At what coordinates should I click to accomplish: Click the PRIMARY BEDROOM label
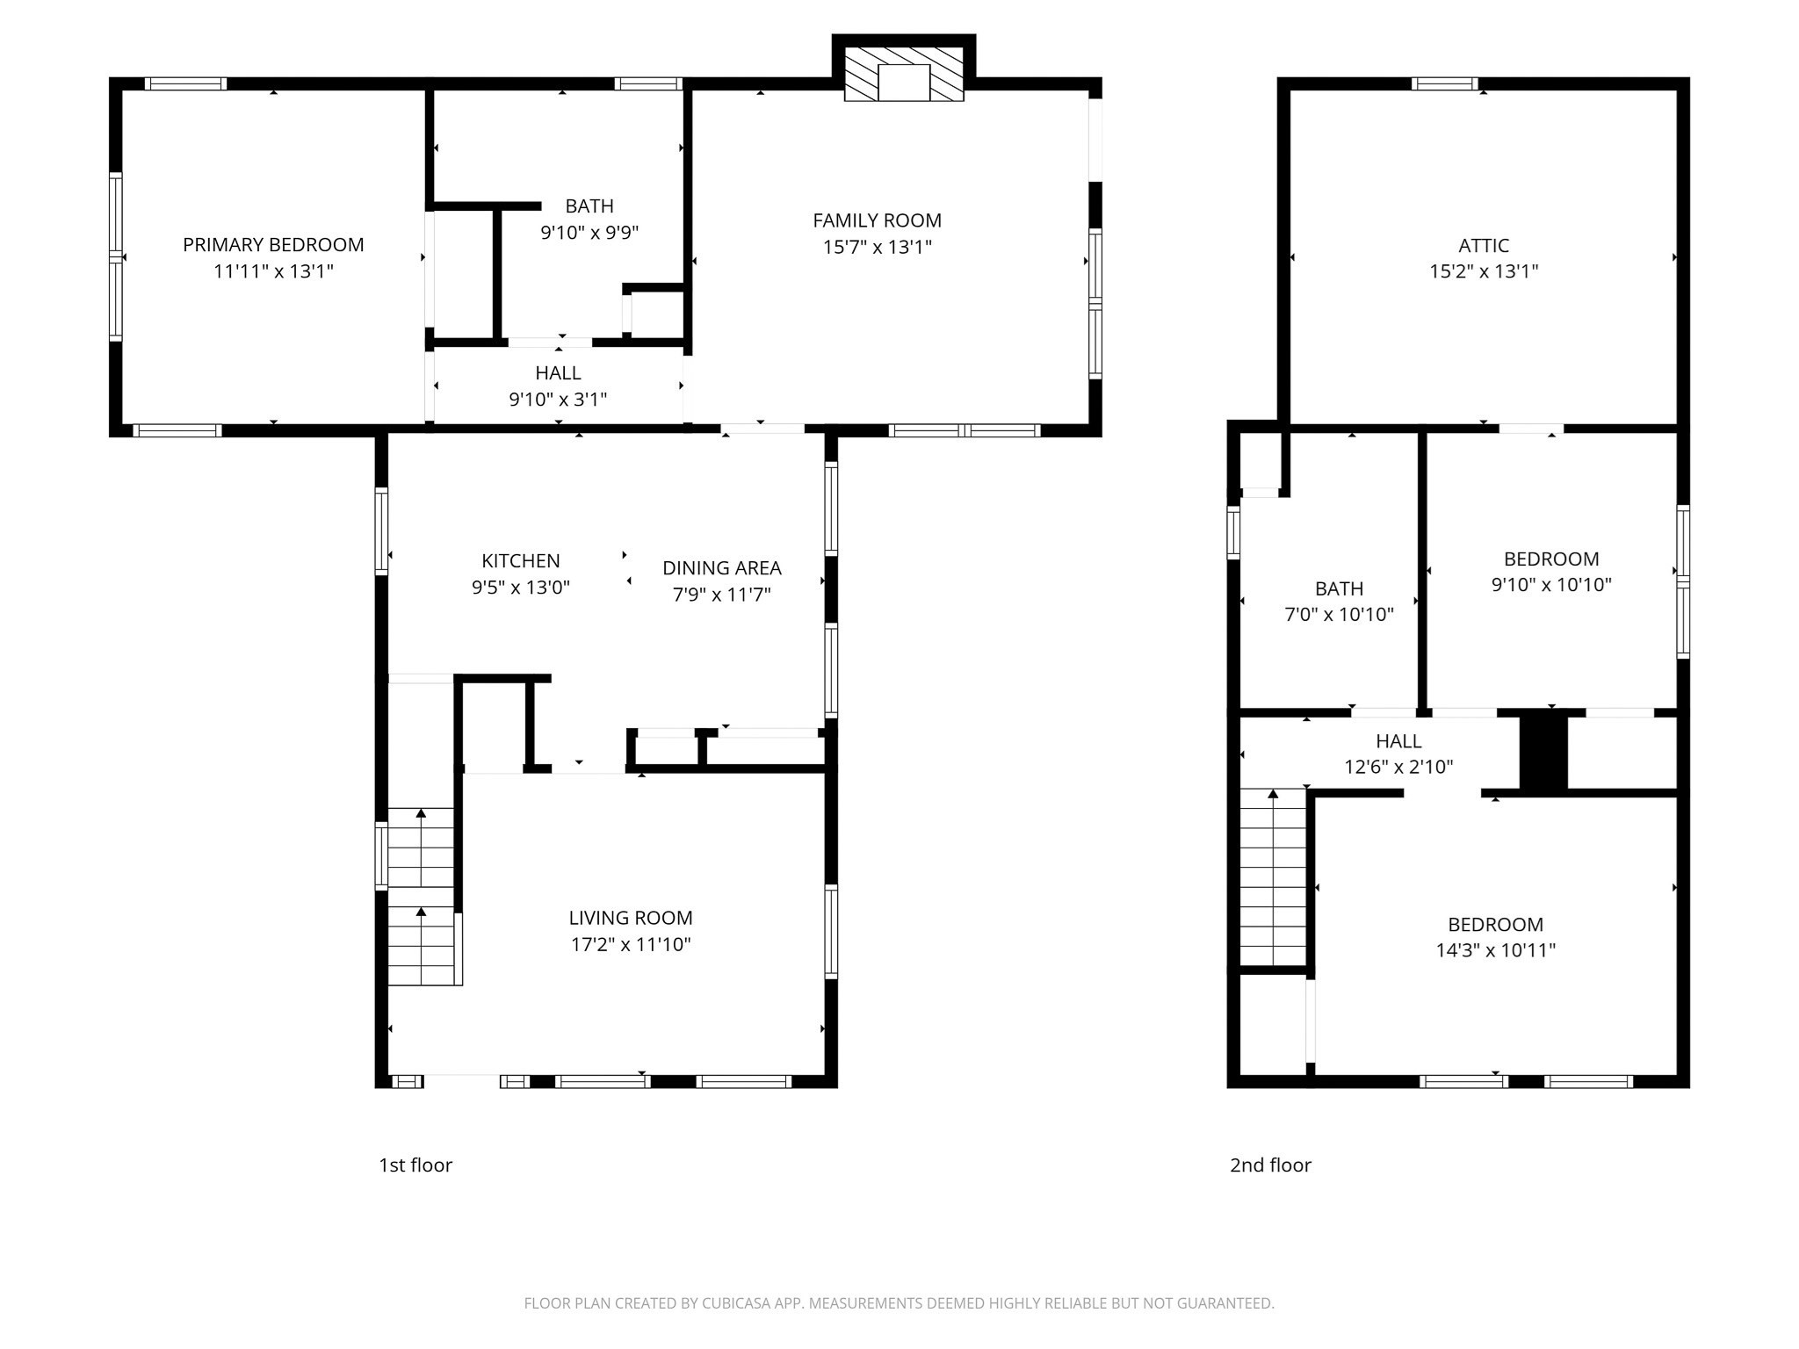click(273, 245)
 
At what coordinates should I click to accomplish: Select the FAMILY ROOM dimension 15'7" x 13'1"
click(877, 248)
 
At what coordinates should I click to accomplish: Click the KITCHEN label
click(520, 561)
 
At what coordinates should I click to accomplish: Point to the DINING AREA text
click(721, 568)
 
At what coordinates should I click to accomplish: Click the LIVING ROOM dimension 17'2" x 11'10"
click(630, 945)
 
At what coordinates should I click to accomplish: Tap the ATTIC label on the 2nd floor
click(1484, 246)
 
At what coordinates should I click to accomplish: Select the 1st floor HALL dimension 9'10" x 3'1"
click(558, 400)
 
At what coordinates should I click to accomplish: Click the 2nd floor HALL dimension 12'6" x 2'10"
click(1398, 768)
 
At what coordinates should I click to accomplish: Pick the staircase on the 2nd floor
click(1273, 878)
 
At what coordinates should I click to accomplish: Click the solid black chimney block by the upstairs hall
click(1543, 753)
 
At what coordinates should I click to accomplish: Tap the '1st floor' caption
click(415, 1165)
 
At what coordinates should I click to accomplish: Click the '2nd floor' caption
click(1270, 1165)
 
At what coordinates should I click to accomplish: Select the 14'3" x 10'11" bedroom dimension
click(1495, 950)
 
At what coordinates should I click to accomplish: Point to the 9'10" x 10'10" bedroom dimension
click(1550, 585)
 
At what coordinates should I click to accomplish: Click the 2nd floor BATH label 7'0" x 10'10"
click(1339, 589)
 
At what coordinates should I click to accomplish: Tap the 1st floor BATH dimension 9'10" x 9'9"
click(589, 234)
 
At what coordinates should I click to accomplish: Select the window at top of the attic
click(1445, 84)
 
